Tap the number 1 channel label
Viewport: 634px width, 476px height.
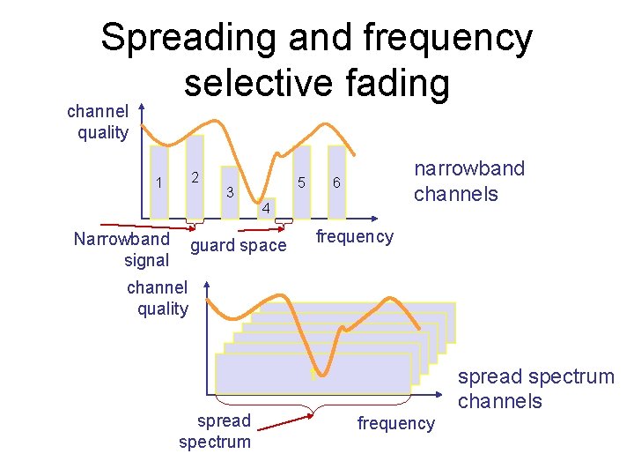tap(158, 182)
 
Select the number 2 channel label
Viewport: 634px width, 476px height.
tap(196, 176)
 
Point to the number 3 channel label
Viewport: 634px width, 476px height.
tap(229, 191)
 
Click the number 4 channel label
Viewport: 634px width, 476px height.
tap(264, 209)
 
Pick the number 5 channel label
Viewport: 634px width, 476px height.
tap(301, 183)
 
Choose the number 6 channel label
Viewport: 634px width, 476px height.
tap(335, 183)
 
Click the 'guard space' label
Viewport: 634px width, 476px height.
tap(239, 246)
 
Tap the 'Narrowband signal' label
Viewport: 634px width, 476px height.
tap(122, 249)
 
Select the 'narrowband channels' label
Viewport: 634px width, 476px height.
tap(468, 181)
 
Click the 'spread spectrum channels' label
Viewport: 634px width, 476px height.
tap(535, 389)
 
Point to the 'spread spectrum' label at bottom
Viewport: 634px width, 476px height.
tap(215, 430)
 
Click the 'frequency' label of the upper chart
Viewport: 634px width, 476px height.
tap(355, 236)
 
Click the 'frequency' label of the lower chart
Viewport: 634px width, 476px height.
tap(395, 423)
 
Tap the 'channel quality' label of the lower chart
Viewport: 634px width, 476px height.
tap(158, 298)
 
